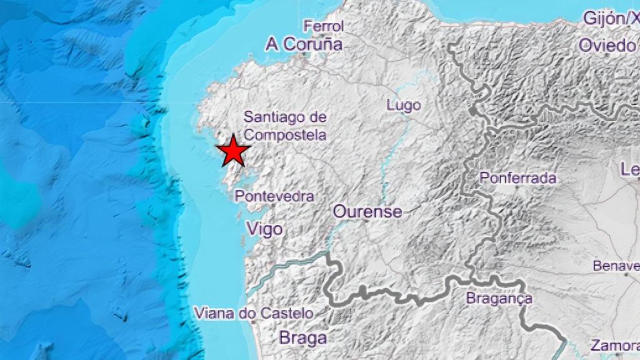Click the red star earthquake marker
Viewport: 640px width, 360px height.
point(233,151)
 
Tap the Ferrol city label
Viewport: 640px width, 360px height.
point(324,26)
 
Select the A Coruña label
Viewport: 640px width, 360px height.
point(304,44)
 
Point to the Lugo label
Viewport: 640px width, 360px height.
point(404,105)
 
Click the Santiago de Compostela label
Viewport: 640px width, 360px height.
point(285,125)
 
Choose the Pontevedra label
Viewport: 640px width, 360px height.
point(274,196)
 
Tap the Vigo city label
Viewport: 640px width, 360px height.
point(265,229)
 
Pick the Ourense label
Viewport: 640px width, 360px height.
point(367,211)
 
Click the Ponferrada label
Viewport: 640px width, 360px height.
point(517,178)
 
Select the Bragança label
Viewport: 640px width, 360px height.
point(499,299)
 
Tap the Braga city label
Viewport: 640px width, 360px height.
point(302,338)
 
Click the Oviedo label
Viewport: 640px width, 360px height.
point(606,45)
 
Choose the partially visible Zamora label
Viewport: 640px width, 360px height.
point(615,346)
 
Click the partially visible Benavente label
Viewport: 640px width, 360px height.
point(616,266)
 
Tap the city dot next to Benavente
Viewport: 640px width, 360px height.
point(626,273)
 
